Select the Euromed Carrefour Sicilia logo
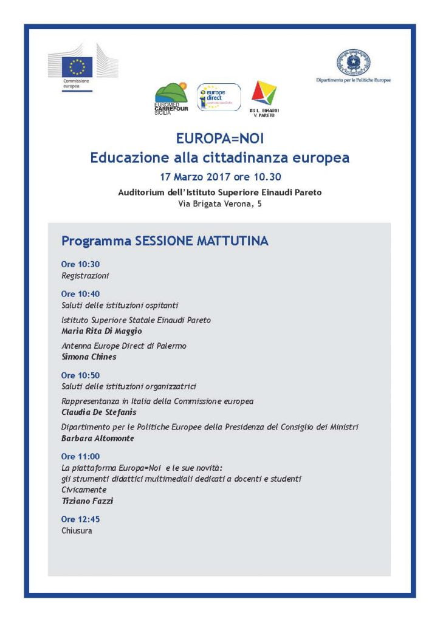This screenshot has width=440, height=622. (171, 97)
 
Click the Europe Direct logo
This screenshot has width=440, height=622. (218, 97)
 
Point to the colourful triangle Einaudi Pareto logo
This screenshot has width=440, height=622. (264, 94)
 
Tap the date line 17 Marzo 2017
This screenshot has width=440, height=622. (219, 177)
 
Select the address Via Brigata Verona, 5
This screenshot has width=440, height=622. (220, 205)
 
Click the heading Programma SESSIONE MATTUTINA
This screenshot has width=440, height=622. (165, 241)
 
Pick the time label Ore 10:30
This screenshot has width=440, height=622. (80, 264)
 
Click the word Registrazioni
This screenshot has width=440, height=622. (85, 276)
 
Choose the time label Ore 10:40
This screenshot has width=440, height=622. (80, 293)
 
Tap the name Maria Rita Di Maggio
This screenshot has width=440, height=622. (101, 331)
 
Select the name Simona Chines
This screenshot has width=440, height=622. (89, 357)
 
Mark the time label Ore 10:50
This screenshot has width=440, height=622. (80, 375)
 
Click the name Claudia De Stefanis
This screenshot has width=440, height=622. (99, 412)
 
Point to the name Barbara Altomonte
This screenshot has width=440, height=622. (97, 438)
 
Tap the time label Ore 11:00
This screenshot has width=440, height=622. (80, 456)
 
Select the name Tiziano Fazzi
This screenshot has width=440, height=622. (88, 501)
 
